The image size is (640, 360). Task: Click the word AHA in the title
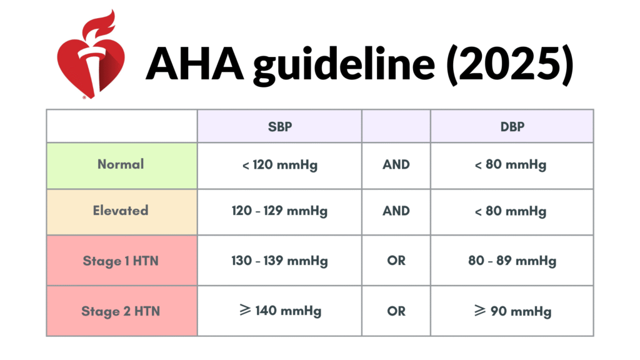click(195, 64)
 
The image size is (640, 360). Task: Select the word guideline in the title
click(344, 65)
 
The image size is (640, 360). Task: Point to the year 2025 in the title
click(511, 64)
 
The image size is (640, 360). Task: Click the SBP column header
click(279, 126)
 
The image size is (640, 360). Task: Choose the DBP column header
click(512, 126)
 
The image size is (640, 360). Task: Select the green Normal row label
click(121, 164)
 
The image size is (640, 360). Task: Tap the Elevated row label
click(121, 211)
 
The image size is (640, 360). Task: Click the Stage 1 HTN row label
click(121, 261)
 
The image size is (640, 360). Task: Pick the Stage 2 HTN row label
click(121, 311)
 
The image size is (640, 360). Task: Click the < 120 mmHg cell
click(279, 165)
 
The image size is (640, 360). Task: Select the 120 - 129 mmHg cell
click(279, 211)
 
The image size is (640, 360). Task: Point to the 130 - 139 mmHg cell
click(279, 261)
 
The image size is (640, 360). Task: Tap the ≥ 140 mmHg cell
click(281, 311)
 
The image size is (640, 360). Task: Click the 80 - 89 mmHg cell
click(512, 261)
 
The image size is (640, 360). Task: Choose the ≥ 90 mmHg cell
click(512, 311)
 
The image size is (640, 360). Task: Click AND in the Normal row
click(396, 164)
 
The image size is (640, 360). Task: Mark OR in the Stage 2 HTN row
click(396, 311)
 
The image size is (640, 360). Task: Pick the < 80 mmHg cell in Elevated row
click(511, 211)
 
